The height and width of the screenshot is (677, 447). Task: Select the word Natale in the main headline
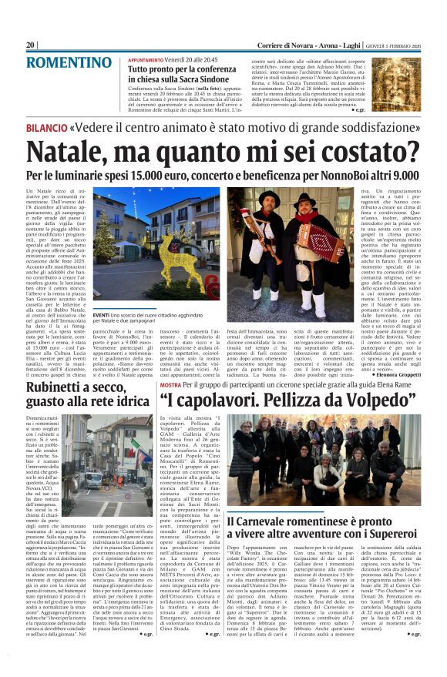pyautogui.click(x=74, y=151)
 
